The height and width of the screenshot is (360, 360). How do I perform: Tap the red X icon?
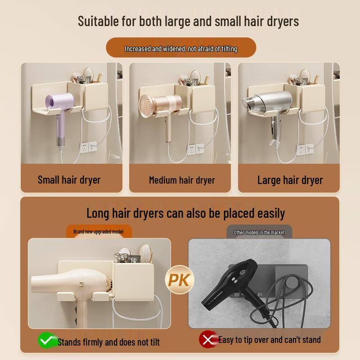tap(207, 340)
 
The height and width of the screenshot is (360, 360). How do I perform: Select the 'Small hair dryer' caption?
tap(69, 180)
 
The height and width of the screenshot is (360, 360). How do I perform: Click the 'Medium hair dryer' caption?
tap(182, 180)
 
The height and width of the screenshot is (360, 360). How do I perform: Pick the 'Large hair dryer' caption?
tap(290, 180)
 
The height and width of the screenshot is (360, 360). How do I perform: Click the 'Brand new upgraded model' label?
tap(99, 232)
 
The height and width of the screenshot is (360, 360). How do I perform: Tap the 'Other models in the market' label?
tap(259, 232)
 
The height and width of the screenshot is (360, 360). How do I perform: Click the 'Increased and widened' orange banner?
tap(181, 49)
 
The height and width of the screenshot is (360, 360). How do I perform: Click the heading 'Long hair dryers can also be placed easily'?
tap(185, 212)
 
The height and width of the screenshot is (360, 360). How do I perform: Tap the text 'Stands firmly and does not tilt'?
tap(108, 342)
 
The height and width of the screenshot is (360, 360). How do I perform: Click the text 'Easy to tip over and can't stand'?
tap(269, 340)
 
